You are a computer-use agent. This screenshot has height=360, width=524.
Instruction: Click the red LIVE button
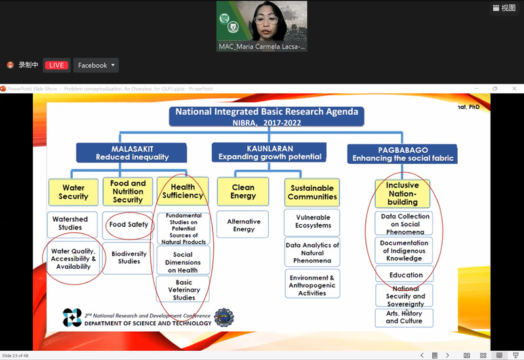56,65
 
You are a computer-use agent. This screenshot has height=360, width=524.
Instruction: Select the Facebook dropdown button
96,65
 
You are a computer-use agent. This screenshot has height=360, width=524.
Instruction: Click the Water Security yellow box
73,191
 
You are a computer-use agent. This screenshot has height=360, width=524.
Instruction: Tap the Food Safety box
129,225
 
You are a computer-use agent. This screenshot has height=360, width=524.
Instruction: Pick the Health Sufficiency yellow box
182,191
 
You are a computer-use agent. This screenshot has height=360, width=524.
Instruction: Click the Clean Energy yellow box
243,191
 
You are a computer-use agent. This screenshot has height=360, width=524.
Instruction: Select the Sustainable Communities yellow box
312,191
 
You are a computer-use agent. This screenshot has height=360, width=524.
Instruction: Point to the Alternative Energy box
243,225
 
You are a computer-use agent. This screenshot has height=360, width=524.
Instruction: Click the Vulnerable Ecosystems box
312,222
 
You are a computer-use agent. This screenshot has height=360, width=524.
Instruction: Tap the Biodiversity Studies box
129,257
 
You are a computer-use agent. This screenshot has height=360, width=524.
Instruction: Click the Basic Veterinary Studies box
184,290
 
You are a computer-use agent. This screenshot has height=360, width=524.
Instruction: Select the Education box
406,275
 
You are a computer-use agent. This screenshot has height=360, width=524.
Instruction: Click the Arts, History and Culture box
404,317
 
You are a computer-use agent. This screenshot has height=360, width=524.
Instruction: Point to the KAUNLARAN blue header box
270,153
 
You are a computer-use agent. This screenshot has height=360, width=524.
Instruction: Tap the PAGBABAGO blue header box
403,154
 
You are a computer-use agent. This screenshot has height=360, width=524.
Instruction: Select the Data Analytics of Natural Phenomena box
312,252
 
